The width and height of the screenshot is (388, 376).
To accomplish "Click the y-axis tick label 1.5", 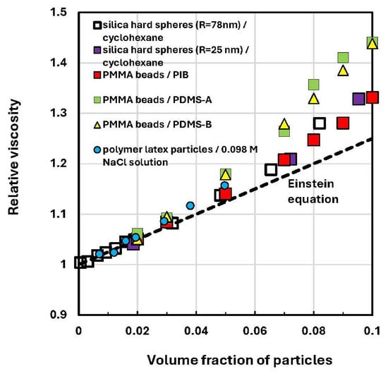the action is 59,12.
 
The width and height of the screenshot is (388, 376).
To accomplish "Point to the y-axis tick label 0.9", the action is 59,315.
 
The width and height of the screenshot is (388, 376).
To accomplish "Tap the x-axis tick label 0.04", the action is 196,331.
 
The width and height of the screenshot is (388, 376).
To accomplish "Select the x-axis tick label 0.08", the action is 313,331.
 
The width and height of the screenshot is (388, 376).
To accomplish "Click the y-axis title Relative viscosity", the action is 13,157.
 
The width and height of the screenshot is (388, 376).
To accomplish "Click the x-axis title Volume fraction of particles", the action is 240,360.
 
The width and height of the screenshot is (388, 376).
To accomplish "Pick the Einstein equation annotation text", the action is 313,191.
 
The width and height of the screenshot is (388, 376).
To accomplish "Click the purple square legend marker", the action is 97,50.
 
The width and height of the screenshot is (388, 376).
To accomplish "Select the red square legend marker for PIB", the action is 97,75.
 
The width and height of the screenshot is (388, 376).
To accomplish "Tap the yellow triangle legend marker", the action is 97,125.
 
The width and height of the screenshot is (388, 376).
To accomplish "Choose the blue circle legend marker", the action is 97,150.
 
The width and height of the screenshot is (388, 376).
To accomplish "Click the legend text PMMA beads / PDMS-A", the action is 157,99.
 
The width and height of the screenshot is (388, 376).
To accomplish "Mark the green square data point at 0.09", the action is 343,58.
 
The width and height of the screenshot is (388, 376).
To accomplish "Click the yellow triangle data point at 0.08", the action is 314,99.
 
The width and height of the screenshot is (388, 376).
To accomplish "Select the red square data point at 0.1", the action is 372,97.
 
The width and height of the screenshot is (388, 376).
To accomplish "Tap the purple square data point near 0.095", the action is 358,99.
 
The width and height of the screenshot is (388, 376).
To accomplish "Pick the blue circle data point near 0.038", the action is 190,205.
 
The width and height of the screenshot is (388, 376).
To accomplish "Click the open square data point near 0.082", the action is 319,123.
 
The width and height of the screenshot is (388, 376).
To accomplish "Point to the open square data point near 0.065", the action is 271,170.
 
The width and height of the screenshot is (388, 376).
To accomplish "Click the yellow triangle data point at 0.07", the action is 284,124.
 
